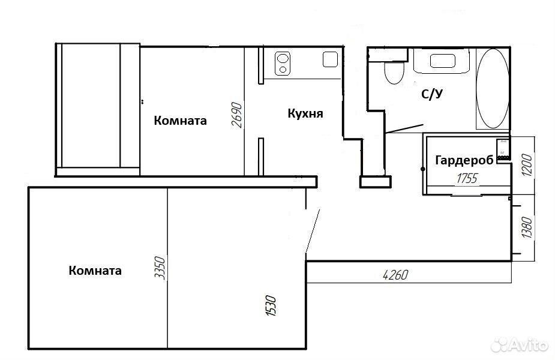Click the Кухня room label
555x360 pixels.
click(305, 113)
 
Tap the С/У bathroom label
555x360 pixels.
click(432, 94)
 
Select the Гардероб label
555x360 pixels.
click(464, 160)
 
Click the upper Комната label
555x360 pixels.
click(180, 121)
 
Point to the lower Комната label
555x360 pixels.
click(95, 271)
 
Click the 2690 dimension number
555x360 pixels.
click(237, 115)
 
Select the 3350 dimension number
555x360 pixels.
click(160, 268)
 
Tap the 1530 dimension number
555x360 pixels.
click(271, 305)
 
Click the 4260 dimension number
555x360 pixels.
click(395, 275)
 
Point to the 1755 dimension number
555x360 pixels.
click(467, 178)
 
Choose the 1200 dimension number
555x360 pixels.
click(527, 165)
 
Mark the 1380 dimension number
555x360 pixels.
click(527, 227)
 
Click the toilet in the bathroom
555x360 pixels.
click(394, 72)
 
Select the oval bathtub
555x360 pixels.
click(493, 88)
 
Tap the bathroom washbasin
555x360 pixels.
click(442, 61)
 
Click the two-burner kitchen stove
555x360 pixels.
click(283, 64)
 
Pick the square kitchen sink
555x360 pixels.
click(330, 59)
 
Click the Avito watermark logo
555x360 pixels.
click(520, 344)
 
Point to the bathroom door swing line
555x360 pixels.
click(404, 129)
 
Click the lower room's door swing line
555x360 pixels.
click(313, 231)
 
